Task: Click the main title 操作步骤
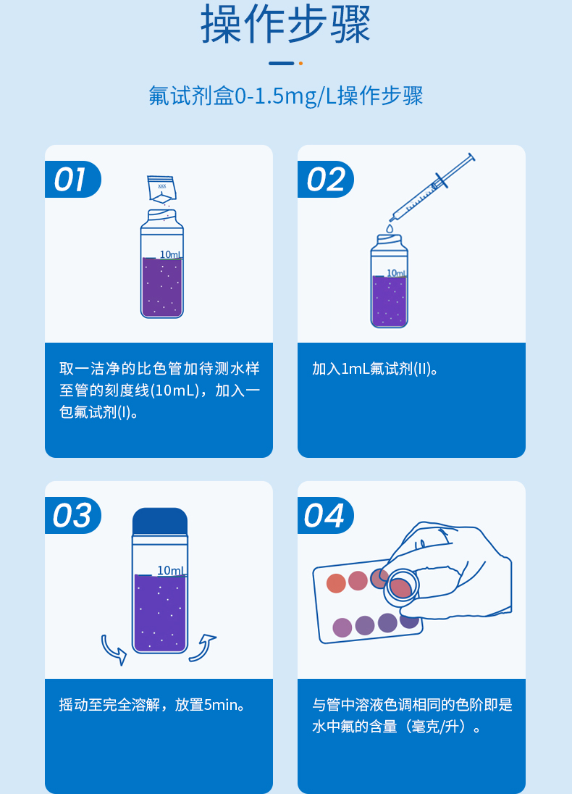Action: [x=285, y=25]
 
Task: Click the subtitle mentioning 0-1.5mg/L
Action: [x=285, y=96]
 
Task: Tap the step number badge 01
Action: [x=71, y=180]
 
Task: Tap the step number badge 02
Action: [x=324, y=180]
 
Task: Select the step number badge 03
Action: [x=72, y=516]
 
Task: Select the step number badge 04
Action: [x=324, y=516]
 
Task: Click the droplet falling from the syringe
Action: [x=390, y=228]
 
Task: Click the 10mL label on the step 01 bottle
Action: [x=171, y=254]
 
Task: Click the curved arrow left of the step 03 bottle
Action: [x=114, y=648]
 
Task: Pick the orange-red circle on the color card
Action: [x=336, y=583]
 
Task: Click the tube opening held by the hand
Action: [x=401, y=587]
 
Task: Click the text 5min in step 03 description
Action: [x=221, y=704]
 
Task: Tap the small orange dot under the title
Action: [x=300, y=64]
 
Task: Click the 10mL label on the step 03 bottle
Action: [x=170, y=571]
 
